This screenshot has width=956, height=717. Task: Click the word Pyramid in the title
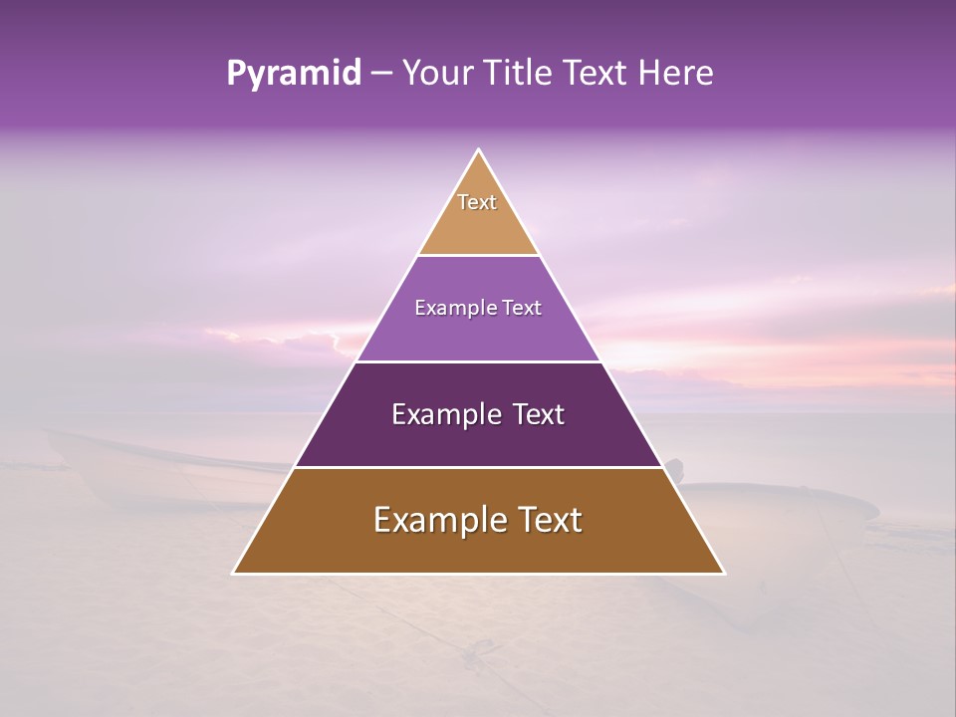click(x=293, y=74)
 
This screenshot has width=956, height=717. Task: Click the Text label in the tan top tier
click(x=477, y=202)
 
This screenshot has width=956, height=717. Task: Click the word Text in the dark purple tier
click(x=539, y=415)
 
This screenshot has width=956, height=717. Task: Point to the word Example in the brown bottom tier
click(x=435, y=520)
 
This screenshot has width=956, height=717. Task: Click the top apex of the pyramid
click(x=479, y=150)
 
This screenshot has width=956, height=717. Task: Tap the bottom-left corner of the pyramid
click(x=234, y=573)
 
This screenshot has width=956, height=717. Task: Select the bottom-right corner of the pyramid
click(x=723, y=573)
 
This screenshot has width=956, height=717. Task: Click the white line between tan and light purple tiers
click(x=479, y=256)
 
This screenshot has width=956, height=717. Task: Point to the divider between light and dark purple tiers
click(x=479, y=361)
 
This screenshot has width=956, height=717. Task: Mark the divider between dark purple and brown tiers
click(x=479, y=467)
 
